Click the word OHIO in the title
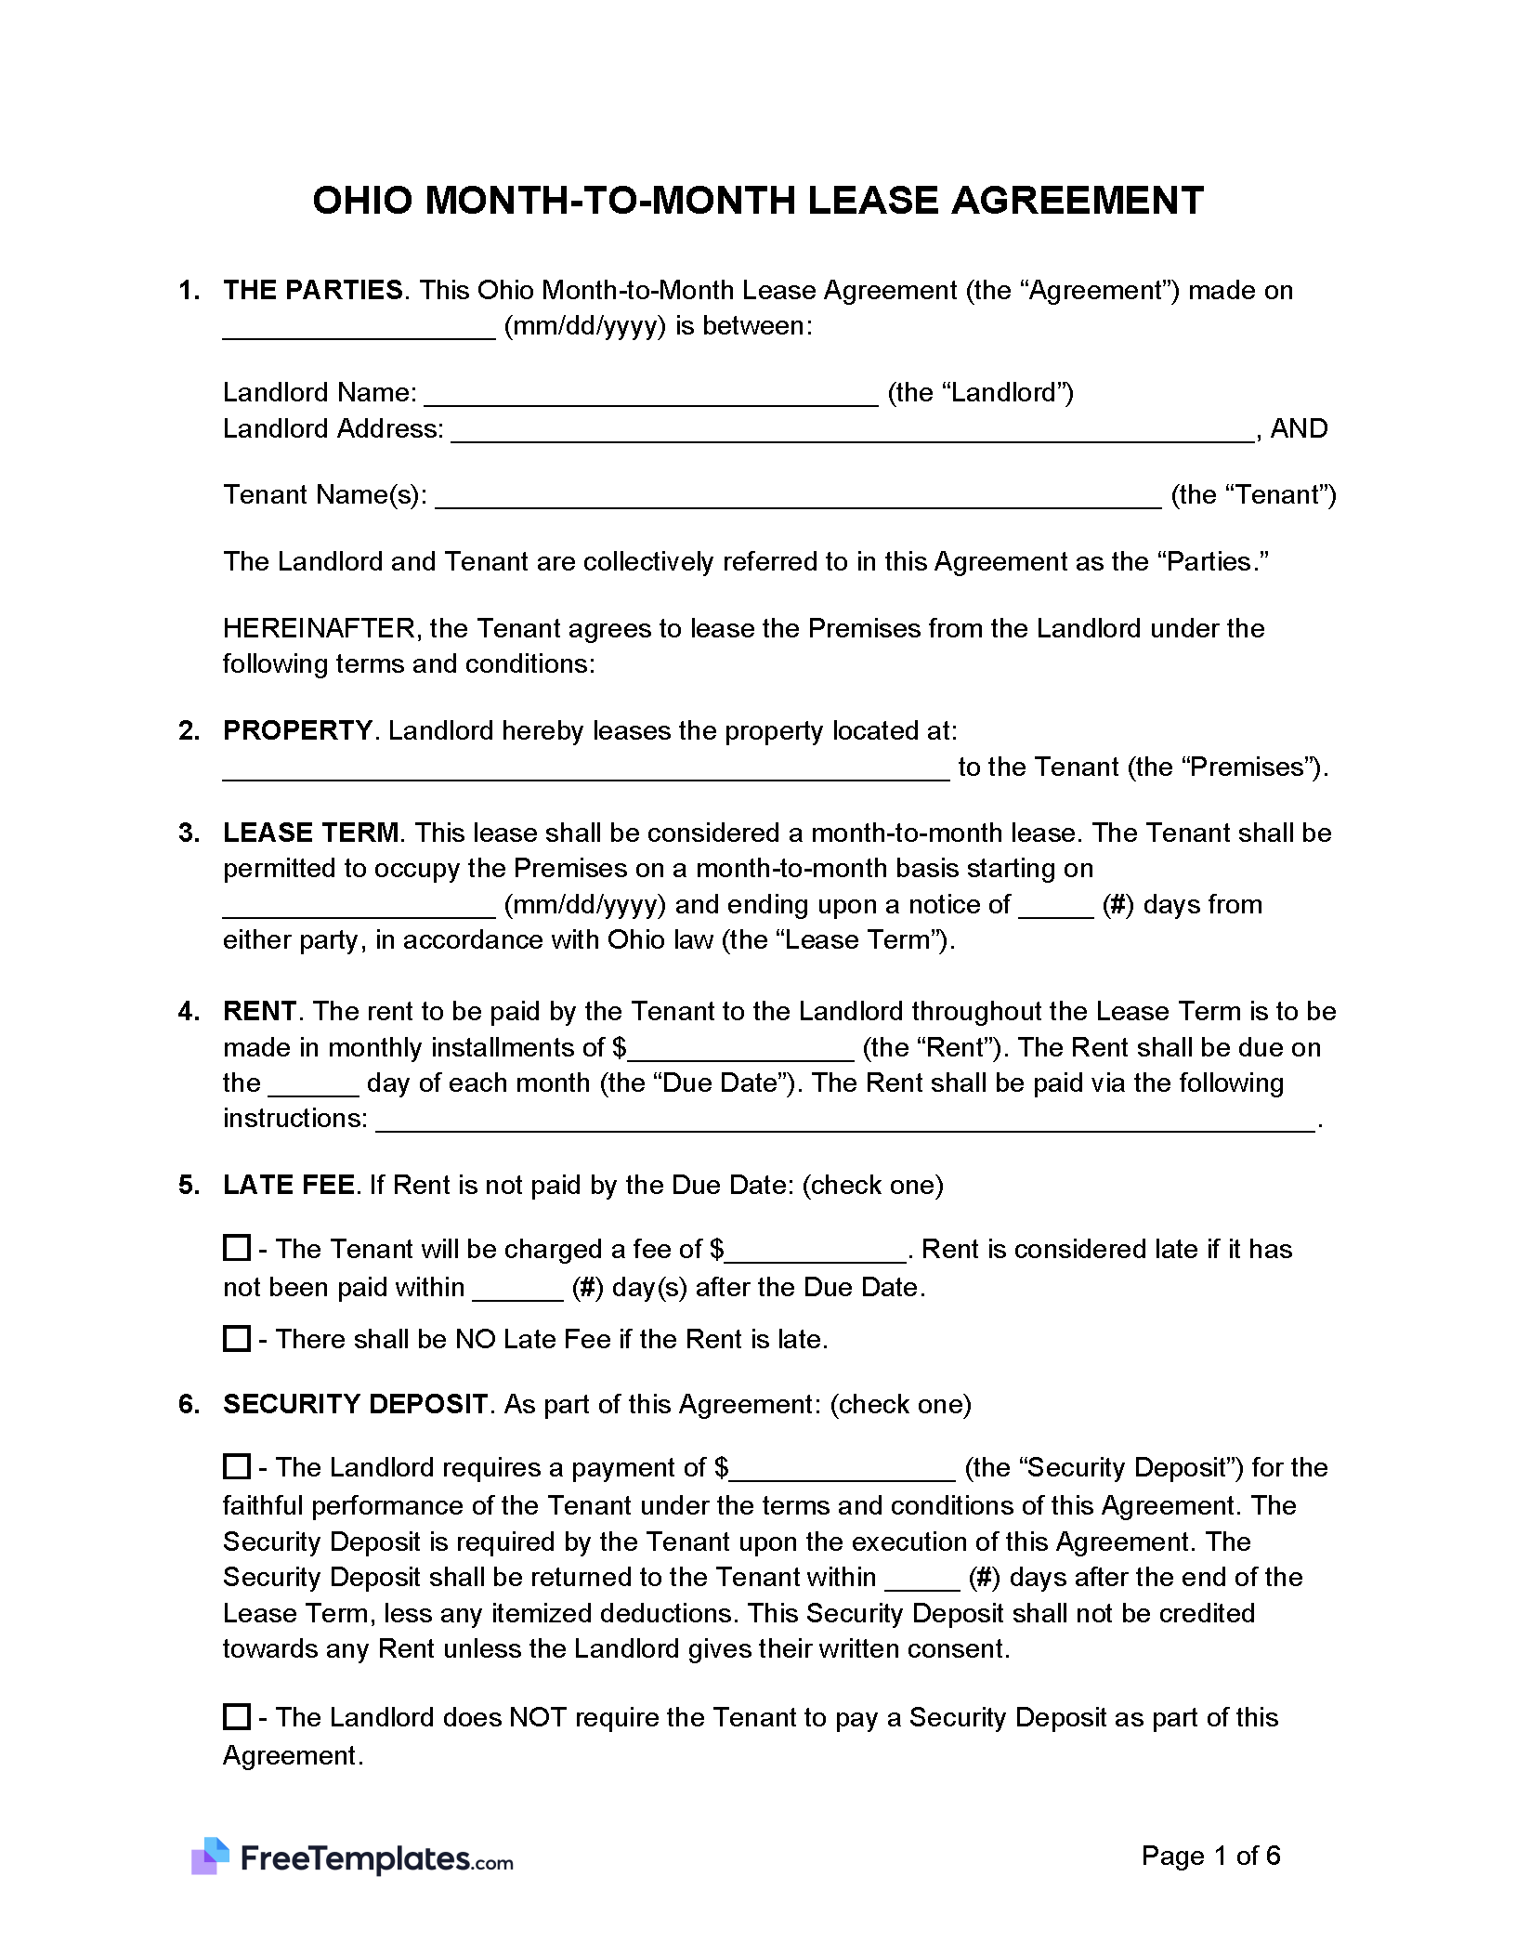point(362,201)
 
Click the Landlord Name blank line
point(650,395)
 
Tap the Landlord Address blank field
point(853,431)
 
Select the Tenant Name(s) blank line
point(798,497)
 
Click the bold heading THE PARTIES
point(313,291)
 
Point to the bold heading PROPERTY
point(297,731)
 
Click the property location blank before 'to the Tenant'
point(585,769)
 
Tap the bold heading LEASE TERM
point(311,833)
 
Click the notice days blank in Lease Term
point(1055,907)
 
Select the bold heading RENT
point(259,1012)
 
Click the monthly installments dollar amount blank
point(740,1050)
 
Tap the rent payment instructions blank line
point(845,1121)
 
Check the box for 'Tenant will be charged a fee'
point(237,1248)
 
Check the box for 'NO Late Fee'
point(237,1339)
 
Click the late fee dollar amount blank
point(815,1252)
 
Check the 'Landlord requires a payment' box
point(237,1467)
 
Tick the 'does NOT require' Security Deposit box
point(237,1716)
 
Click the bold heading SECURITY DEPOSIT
point(355,1404)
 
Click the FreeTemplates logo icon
point(210,1857)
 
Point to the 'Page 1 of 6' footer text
point(1210,1857)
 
